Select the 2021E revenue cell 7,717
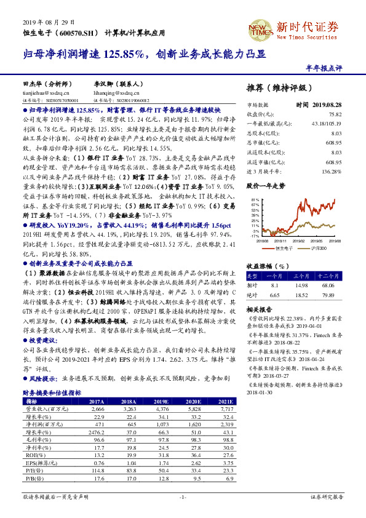tap(227, 408)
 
